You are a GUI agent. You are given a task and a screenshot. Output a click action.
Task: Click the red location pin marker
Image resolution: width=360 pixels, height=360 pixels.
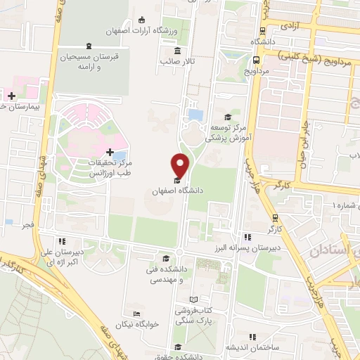[180, 165]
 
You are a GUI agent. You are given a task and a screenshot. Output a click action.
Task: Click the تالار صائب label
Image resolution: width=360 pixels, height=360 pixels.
[176, 62]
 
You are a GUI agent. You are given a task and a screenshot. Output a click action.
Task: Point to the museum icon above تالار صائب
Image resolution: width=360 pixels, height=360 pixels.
[176, 51]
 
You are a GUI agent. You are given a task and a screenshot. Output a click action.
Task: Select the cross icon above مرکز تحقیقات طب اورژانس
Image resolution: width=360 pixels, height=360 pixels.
[109, 151]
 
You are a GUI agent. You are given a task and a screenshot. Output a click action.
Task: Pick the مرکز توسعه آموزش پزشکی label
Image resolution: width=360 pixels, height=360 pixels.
[226, 134]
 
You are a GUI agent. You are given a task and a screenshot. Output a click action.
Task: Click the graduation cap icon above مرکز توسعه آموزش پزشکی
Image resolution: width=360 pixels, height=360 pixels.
[227, 117]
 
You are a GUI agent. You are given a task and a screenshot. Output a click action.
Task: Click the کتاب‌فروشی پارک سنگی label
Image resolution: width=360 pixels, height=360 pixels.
[195, 314]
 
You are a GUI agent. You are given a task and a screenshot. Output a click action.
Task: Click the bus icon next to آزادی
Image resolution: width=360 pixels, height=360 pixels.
[262, 31]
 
